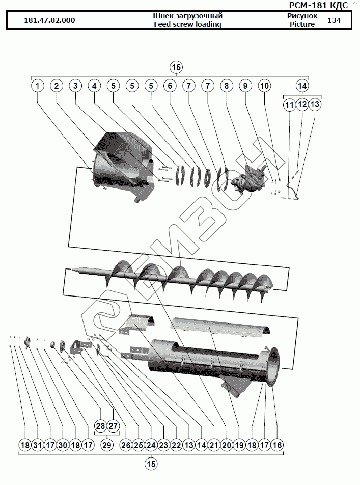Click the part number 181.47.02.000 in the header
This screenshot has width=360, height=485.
click(x=49, y=21)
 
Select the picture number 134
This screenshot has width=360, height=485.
click(x=334, y=20)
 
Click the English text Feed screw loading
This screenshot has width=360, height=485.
click(x=187, y=24)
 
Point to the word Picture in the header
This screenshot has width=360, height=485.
click(x=302, y=24)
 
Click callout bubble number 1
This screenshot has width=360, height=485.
click(x=37, y=86)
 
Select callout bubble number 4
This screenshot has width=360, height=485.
click(x=94, y=86)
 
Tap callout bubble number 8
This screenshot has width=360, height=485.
click(x=226, y=86)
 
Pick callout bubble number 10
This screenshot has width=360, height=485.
click(x=264, y=86)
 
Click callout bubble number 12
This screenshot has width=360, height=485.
click(x=302, y=104)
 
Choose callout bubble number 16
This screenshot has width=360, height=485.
click(x=276, y=445)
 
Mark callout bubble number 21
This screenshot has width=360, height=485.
click(x=214, y=445)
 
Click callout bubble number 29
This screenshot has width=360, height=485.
click(x=106, y=445)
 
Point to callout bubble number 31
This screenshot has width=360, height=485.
click(x=37, y=445)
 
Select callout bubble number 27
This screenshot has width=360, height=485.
click(x=113, y=425)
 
